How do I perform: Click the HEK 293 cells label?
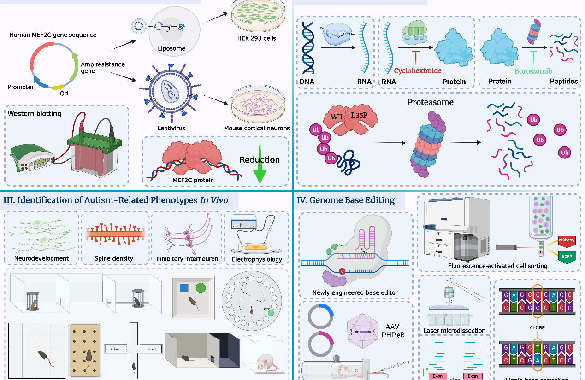tap(256, 38)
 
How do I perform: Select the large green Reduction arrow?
tap(260, 170)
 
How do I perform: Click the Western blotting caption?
tap(35, 113)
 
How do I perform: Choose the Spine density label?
tap(113, 258)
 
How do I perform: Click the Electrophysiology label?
tap(257, 259)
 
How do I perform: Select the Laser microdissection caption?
tap(454, 330)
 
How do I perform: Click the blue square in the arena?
tap(183, 288)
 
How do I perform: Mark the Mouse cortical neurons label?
tap(257, 128)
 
